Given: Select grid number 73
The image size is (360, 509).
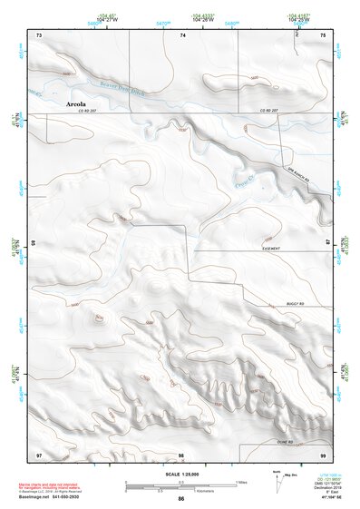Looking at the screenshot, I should pos(39,34).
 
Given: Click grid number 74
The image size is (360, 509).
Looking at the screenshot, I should pos(182,34).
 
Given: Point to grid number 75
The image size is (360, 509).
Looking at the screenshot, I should pos(323,34).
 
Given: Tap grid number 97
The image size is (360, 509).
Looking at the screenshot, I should pos(39,454).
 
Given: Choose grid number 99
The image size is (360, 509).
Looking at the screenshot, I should pos(323,454).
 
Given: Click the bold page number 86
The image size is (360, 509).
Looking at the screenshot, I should pos(181,499).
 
